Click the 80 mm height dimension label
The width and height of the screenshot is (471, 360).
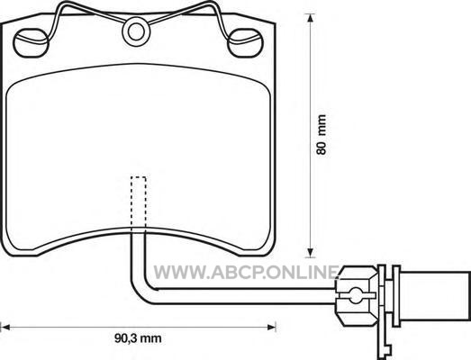pyautogui.click(x=322, y=134)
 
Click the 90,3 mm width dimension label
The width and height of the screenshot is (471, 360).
pyautogui.click(x=138, y=338)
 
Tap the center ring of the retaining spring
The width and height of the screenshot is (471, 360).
pyautogui.click(x=136, y=31)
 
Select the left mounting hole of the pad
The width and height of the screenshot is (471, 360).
pyautogui.click(x=31, y=43)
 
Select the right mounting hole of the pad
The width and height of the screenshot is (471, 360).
pyautogui.click(x=245, y=43)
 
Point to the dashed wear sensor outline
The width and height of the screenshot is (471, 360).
pyautogui.click(x=139, y=202)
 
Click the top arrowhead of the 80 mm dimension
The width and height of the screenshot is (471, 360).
pyautogui.click(x=310, y=18)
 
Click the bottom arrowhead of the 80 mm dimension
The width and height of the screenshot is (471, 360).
pyautogui.click(x=310, y=253)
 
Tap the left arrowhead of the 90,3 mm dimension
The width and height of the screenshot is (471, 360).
pyautogui.click(x=5, y=327)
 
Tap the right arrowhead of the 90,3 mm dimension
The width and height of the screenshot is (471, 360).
pyautogui.click(x=271, y=327)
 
